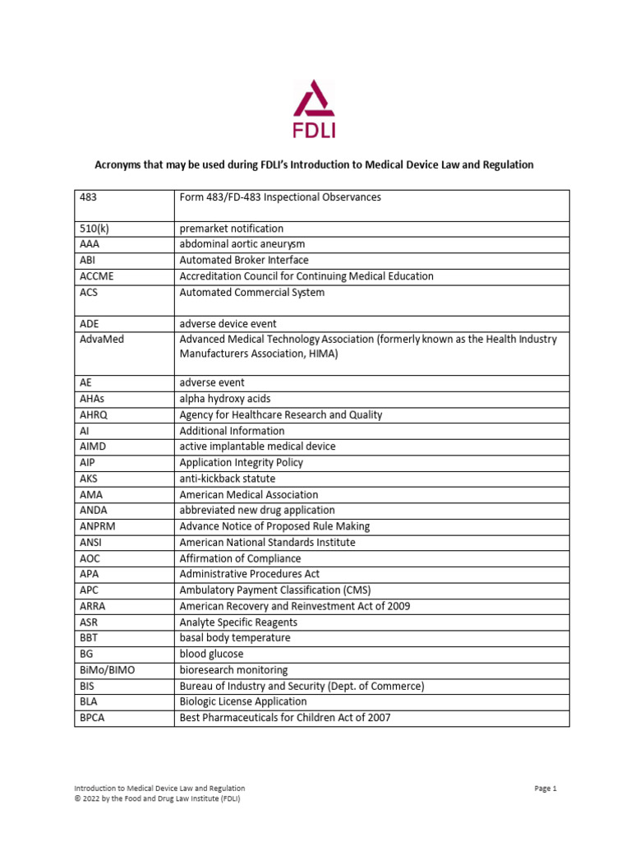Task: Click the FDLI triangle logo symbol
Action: (x=315, y=99)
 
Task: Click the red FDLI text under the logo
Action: (x=315, y=129)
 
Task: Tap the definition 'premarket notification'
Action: (x=232, y=229)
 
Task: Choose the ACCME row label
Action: (x=95, y=276)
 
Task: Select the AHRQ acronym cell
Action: (x=94, y=415)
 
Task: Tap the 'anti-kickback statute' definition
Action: (x=228, y=479)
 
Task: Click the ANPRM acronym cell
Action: (x=96, y=526)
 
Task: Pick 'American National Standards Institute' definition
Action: (x=268, y=543)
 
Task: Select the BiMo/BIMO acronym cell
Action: (x=108, y=670)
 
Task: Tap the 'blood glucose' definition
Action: (x=212, y=654)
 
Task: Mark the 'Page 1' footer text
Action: (x=546, y=789)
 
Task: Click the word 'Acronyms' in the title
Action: (x=121, y=165)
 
